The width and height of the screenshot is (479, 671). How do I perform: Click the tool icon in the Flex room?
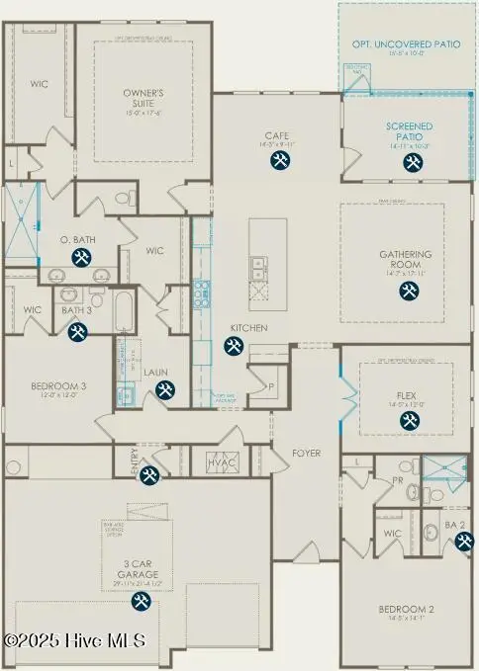pyautogui.click(x=409, y=421)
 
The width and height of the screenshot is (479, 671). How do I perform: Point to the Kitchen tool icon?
pyautogui.click(x=234, y=345)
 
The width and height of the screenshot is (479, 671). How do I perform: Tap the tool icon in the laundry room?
pyautogui.click(x=163, y=390)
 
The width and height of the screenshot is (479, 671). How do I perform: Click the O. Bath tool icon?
pyautogui.click(x=80, y=259)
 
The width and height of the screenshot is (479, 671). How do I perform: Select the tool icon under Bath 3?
pyautogui.click(x=77, y=332)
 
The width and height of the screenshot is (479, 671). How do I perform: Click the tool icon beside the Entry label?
pyautogui.click(x=148, y=476)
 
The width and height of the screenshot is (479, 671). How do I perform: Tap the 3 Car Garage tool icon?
pyautogui.click(x=141, y=601)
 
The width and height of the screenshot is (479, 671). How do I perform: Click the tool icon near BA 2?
pyautogui.click(x=464, y=541)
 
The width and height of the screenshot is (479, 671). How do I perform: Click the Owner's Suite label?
pyautogui.click(x=143, y=97)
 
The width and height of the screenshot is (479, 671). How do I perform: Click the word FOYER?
pyautogui.click(x=306, y=454)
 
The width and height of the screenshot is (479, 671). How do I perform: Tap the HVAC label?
pyautogui.click(x=219, y=461)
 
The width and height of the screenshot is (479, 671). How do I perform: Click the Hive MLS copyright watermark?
pyautogui.click(x=74, y=640)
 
